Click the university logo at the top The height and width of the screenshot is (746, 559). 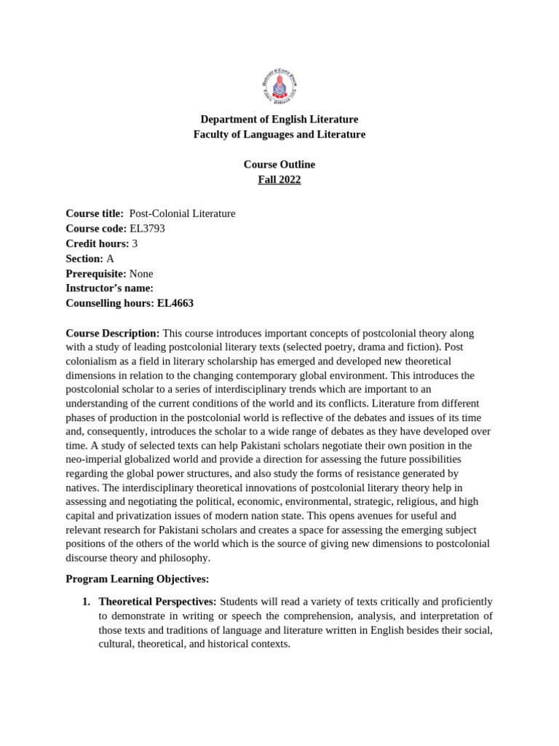point(279,87)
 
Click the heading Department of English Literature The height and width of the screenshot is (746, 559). point(279,119)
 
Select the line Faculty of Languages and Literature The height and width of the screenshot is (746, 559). point(279,135)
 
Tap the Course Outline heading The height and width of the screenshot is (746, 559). point(279,165)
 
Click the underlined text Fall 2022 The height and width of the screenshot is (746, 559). point(279,180)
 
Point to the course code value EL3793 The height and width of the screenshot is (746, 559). point(147,229)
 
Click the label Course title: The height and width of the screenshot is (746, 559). point(95,213)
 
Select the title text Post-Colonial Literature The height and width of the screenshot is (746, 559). point(182,213)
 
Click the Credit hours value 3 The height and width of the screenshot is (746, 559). point(135,244)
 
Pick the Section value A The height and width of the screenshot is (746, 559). point(110,259)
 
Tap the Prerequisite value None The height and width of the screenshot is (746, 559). point(141,274)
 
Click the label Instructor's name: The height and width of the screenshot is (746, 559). point(109,288)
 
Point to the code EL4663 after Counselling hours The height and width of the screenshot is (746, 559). point(175,304)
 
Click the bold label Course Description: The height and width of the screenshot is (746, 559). point(112,334)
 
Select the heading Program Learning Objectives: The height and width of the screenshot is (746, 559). point(137,579)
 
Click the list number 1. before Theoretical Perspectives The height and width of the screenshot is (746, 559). point(86,602)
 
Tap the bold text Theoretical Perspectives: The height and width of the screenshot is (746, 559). point(157,602)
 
